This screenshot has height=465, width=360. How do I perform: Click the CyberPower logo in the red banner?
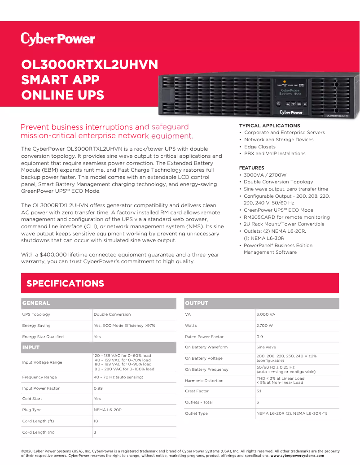click(58, 39)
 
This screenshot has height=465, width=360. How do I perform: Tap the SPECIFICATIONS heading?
click(65, 283)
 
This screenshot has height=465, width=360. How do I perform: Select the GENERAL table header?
click(36, 303)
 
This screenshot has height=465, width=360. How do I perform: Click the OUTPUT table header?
click(197, 303)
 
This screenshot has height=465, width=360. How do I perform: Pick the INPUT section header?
click(31, 348)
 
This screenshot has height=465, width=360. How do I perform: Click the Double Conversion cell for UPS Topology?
click(112, 314)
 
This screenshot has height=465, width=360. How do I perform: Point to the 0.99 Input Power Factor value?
click(98, 388)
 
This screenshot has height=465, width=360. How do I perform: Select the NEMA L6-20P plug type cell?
click(108, 410)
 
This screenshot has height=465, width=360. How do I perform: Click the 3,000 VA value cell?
click(266, 314)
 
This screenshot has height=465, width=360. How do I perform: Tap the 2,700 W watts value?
click(264, 326)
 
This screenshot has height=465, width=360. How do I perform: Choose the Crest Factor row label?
click(197, 391)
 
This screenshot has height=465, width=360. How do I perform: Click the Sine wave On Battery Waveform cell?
click(266, 347)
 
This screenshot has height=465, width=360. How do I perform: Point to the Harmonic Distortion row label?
click(204, 381)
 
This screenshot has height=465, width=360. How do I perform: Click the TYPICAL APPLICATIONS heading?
click(269, 126)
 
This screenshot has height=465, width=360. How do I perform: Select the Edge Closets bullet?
click(259, 147)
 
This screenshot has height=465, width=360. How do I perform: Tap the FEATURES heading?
click(251, 168)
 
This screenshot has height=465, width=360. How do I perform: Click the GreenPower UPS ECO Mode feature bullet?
click(278, 210)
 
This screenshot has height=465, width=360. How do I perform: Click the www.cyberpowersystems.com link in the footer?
click(297, 456)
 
